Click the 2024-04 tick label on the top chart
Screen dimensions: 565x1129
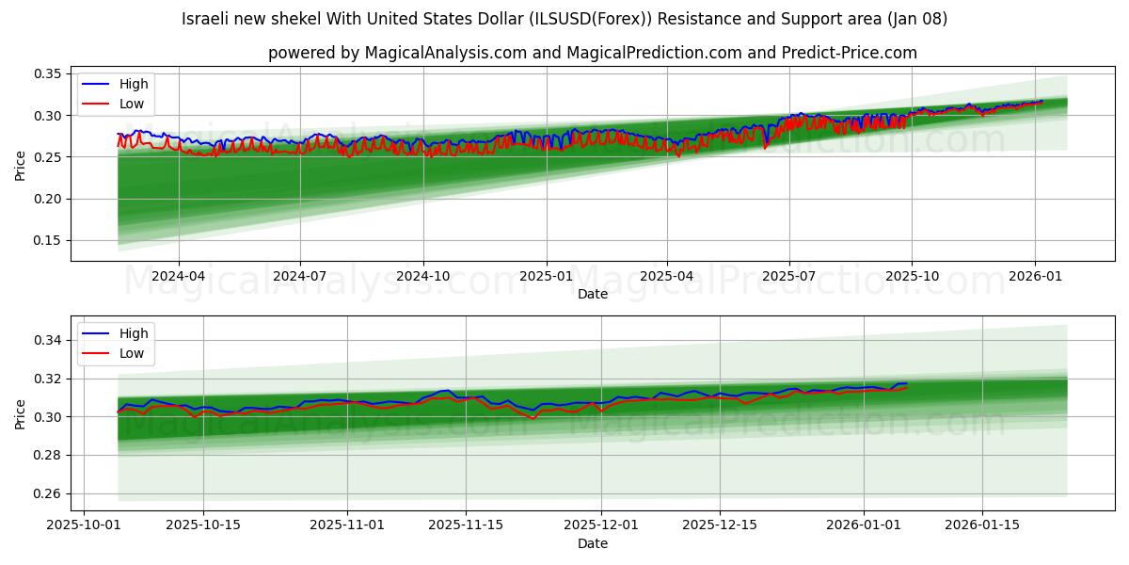click(x=178, y=276)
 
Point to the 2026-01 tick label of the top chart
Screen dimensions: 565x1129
click(x=1035, y=276)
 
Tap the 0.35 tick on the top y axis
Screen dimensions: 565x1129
click(x=48, y=73)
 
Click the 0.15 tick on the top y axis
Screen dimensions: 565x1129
click(x=48, y=240)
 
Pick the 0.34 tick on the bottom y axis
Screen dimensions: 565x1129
click(x=48, y=340)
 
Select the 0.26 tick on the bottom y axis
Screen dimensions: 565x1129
click(x=48, y=493)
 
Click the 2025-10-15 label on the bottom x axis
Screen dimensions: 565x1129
click(x=202, y=525)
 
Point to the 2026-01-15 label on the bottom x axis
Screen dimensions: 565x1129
click(x=982, y=525)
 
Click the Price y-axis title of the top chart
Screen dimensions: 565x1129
click(x=21, y=165)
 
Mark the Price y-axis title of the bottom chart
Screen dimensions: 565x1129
click(x=21, y=413)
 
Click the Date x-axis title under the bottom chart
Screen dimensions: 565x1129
click(x=593, y=543)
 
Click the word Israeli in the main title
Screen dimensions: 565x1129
click(x=206, y=19)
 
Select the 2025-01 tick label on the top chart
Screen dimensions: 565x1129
click(x=547, y=276)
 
